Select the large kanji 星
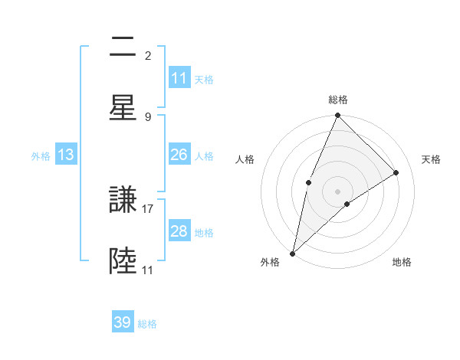(x=123, y=107)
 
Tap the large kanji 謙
(x=123, y=201)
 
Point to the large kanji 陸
(x=123, y=261)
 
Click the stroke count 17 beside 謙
(x=148, y=208)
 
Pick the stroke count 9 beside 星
(x=148, y=116)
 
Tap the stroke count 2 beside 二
(x=148, y=55)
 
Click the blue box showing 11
(x=179, y=78)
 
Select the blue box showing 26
(x=179, y=155)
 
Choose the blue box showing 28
(x=179, y=231)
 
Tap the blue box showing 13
(x=65, y=155)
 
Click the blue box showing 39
(x=122, y=322)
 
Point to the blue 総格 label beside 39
(x=147, y=324)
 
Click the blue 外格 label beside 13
(x=41, y=156)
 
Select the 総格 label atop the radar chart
(x=337, y=100)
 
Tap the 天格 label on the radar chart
(x=431, y=159)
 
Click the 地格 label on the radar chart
(x=402, y=263)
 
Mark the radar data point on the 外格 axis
(x=292, y=253)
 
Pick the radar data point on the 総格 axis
(x=337, y=116)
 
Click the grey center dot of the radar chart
(x=337, y=191)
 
